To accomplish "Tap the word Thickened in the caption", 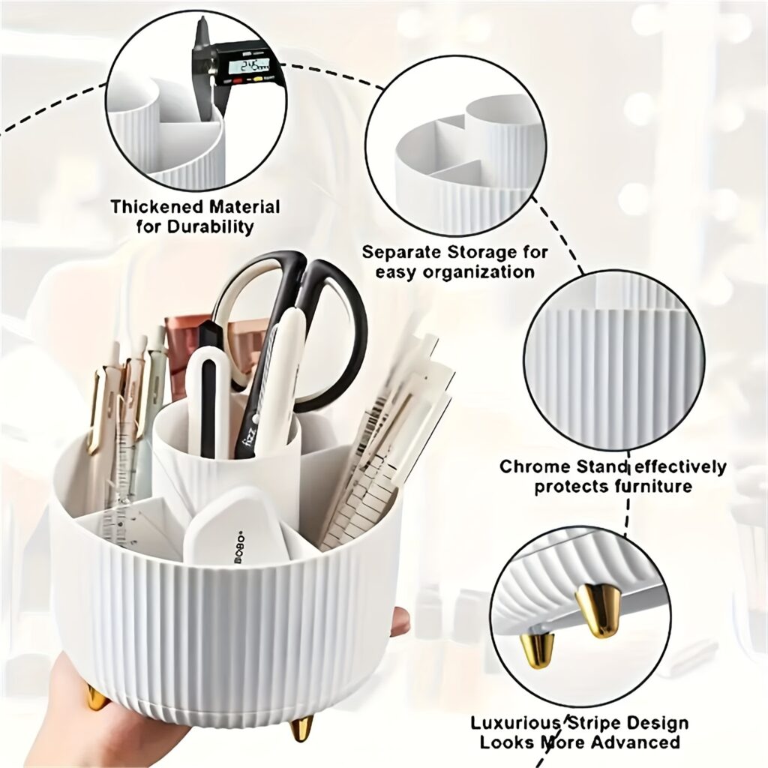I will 156,207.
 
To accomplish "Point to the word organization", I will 487,271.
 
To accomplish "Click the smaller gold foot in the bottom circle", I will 537,649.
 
